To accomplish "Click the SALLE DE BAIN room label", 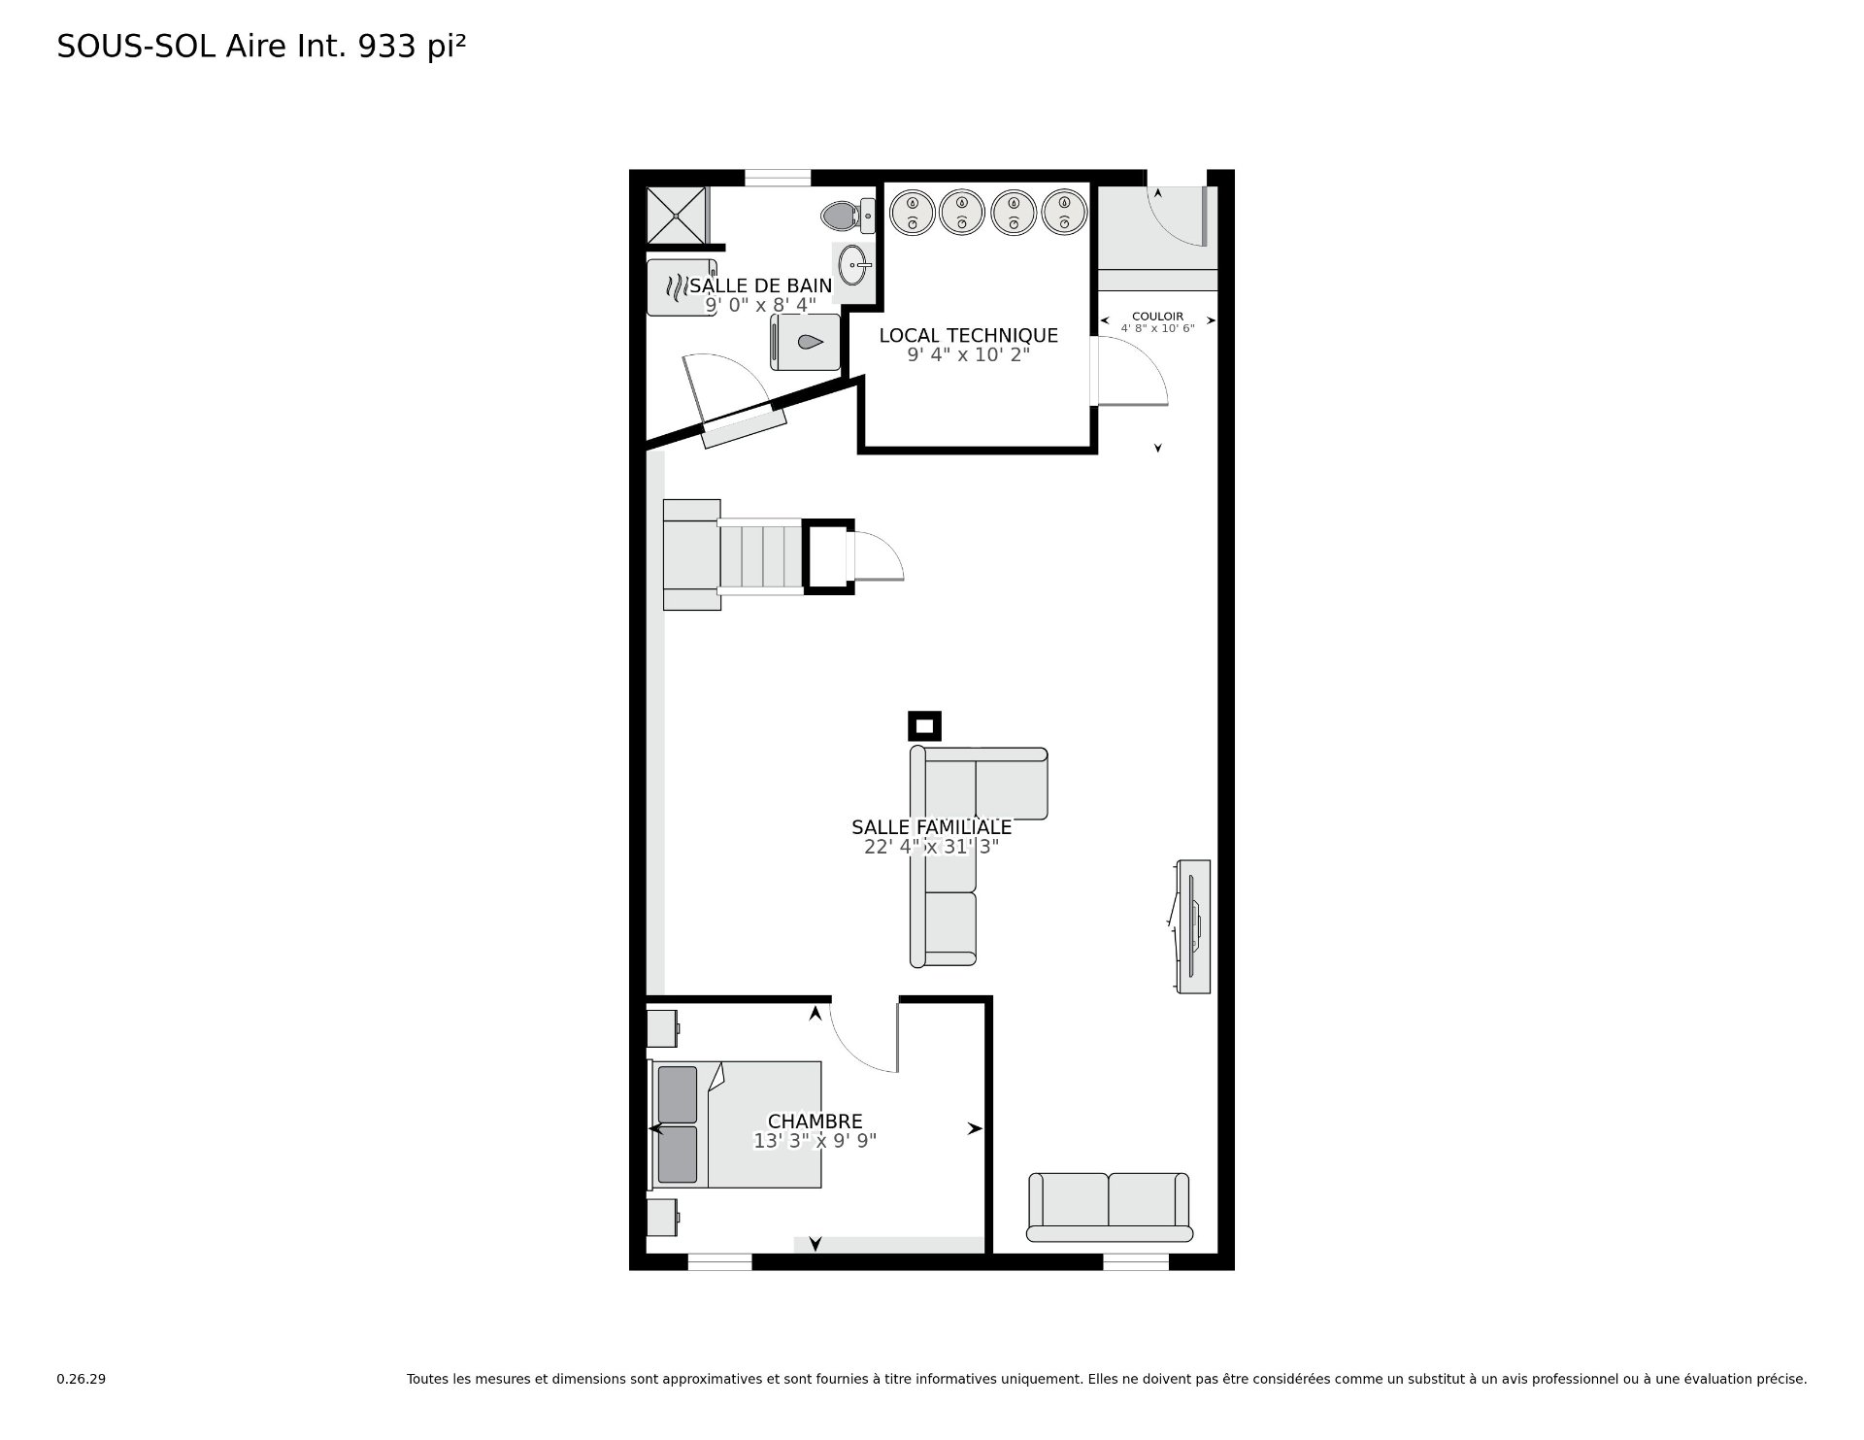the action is [x=761, y=285].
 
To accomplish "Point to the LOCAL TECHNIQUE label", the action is [x=968, y=335].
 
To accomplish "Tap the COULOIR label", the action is [x=1157, y=317].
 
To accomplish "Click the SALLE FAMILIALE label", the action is [x=931, y=827].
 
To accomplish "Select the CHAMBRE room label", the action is [x=815, y=1122].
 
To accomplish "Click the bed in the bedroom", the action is [x=736, y=1124].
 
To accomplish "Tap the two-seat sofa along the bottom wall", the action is [x=1109, y=1207].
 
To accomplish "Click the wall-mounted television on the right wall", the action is [x=1191, y=926].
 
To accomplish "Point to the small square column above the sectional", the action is [x=924, y=725].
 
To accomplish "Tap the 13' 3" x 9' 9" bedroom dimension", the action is [x=815, y=1141].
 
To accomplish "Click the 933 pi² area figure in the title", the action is [x=413, y=47].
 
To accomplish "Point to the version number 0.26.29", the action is [x=81, y=1379].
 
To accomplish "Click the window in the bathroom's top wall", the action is [x=778, y=178].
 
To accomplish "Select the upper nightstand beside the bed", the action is [x=663, y=1027].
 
